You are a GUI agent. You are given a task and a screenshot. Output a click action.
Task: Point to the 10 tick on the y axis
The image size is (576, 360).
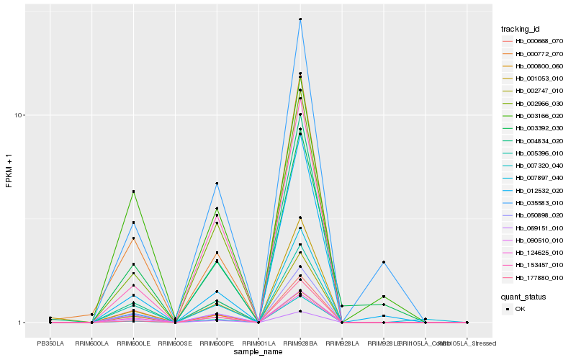[19, 115]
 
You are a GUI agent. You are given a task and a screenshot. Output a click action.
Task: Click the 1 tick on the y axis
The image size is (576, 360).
[22, 323]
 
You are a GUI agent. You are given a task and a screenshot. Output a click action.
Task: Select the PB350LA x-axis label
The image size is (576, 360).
[50, 343]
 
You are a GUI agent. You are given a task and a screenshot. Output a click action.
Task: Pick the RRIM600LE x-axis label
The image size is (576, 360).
[134, 343]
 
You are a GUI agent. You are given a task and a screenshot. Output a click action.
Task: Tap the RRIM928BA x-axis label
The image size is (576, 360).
[300, 343]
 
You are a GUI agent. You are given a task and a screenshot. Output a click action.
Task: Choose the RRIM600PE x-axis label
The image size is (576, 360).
[217, 343]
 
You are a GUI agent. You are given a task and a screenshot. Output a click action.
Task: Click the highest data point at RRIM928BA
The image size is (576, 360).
[300, 19]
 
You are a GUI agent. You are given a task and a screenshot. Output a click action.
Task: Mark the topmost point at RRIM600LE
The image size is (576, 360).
[134, 192]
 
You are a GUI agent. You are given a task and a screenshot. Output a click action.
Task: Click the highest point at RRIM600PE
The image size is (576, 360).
[217, 184]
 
